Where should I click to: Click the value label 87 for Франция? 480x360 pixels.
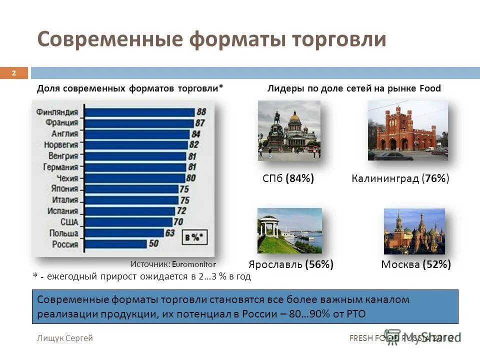[200, 123]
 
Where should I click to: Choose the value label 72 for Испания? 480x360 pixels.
[181, 211]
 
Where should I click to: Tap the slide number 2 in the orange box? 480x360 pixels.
[14, 73]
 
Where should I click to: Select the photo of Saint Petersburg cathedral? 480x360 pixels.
[288, 130]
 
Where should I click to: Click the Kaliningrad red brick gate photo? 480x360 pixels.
[407, 130]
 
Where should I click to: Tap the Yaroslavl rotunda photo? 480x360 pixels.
[289, 230]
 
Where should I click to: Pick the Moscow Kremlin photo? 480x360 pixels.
[414, 231]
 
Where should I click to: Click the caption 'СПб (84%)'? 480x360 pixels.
[288, 178]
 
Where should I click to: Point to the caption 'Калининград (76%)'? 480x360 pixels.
[400, 178]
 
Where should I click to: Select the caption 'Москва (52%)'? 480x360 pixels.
[415, 264]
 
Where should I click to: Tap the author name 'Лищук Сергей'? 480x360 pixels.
[65, 338]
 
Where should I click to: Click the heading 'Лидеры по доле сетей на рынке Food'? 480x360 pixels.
[354, 88]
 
